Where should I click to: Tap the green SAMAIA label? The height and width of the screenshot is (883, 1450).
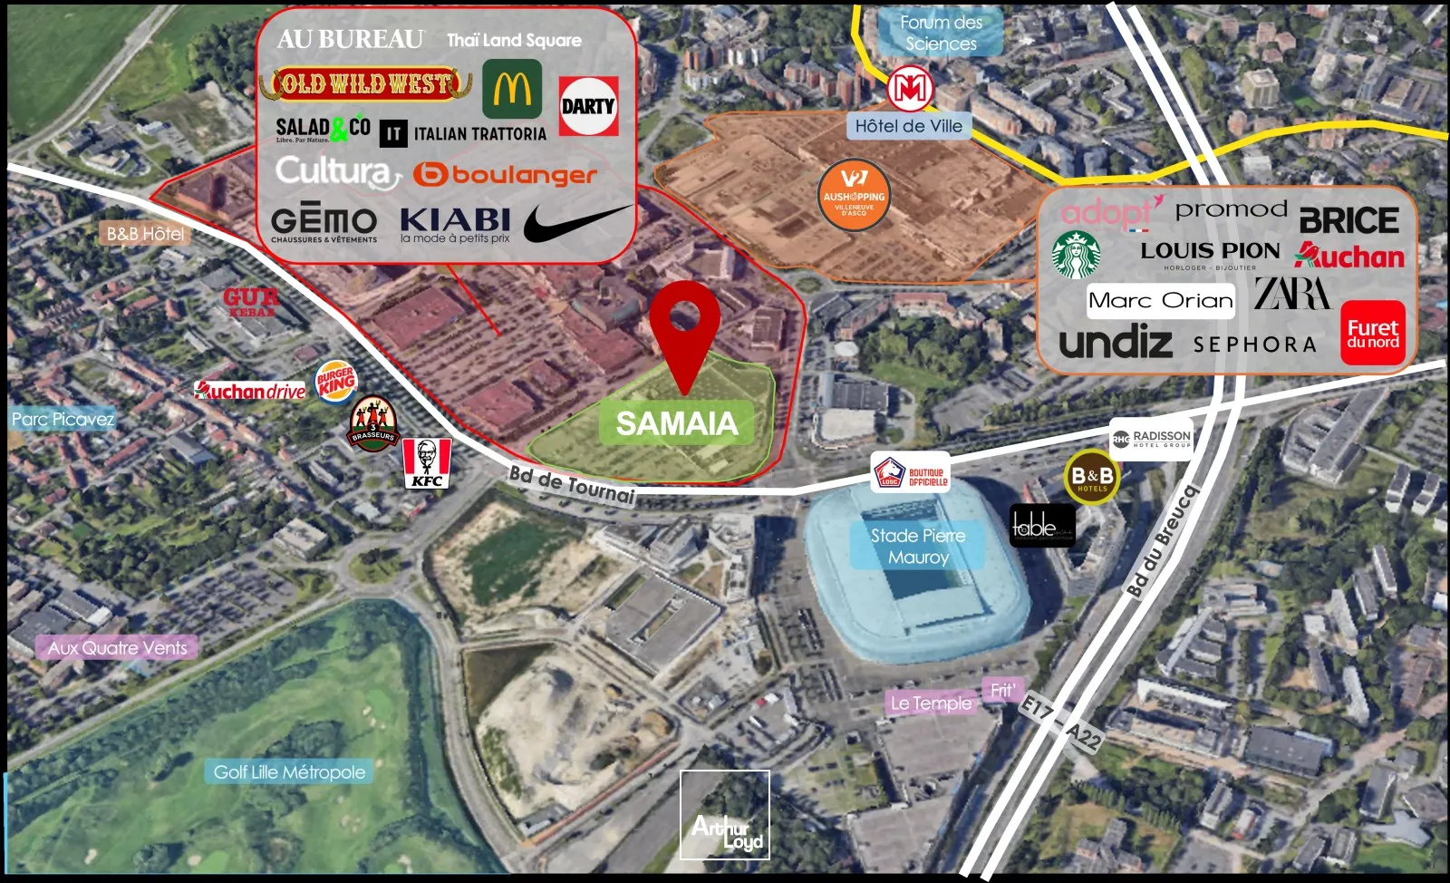coord(676,423)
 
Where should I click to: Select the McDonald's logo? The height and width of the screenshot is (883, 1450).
coord(512,89)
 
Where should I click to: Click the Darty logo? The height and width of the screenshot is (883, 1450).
coord(588,106)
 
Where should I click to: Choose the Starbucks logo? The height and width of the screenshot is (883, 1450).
coord(1076,255)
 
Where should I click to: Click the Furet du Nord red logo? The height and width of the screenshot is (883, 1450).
coord(1372,333)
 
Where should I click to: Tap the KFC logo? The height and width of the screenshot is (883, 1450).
coord(427,462)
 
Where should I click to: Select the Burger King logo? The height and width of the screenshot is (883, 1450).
coord(336,382)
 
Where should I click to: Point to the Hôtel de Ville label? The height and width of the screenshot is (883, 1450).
coord(909,126)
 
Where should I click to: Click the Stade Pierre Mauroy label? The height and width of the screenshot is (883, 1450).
coord(918,546)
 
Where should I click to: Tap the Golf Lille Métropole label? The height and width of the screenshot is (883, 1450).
coord(290,772)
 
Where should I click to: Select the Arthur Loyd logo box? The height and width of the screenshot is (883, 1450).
coord(725,815)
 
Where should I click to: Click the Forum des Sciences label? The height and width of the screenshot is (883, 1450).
coord(941,33)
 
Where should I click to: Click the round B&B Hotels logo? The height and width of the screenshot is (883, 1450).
coord(1092,477)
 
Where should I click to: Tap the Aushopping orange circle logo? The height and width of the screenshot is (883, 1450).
coord(853,195)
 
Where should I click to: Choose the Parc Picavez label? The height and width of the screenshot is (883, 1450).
coord(63,419)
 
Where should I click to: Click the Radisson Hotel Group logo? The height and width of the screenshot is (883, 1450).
coord(1151,439)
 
